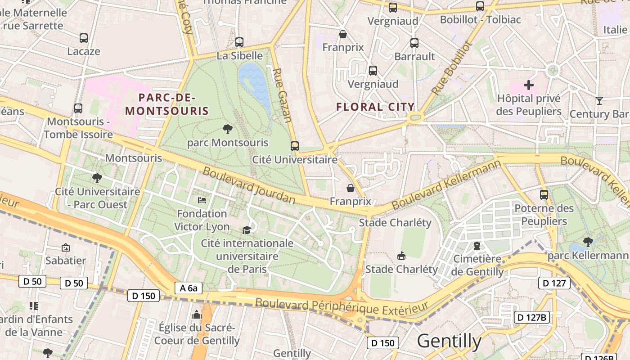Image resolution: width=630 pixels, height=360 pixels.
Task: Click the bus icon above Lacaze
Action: [x=84, y=38]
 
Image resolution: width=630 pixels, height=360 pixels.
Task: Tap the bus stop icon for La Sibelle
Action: [x=239, y=42]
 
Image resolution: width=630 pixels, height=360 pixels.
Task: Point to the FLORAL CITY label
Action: [x=375, y=107]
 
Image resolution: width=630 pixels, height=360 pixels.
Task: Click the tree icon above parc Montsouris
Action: [x=228, y=130]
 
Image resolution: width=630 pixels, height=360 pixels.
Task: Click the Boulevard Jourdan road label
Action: [x=248, y=185]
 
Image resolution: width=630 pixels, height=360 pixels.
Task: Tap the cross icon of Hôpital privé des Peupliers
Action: [x=529, y=85]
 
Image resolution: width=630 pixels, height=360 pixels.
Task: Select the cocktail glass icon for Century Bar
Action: [x=599, y=100]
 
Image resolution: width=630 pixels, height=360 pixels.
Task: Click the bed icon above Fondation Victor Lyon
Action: [x=202, y=200]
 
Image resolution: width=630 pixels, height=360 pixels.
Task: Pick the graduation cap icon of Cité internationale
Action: [x=247, y=230]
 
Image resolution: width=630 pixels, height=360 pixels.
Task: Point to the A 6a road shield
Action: [x=189, y=288]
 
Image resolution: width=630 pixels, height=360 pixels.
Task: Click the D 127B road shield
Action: [x=531, y=317]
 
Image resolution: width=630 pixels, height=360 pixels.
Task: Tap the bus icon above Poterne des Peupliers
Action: [x=544, y=195]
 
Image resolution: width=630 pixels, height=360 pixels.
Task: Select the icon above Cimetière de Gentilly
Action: [x=477, y=246]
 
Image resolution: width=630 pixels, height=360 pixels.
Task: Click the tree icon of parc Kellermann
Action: [x=588, y=242]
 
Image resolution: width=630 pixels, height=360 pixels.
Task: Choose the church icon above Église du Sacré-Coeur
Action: [x=197, y=314]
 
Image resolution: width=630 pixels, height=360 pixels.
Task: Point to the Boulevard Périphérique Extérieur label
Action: [x=342, y=307]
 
